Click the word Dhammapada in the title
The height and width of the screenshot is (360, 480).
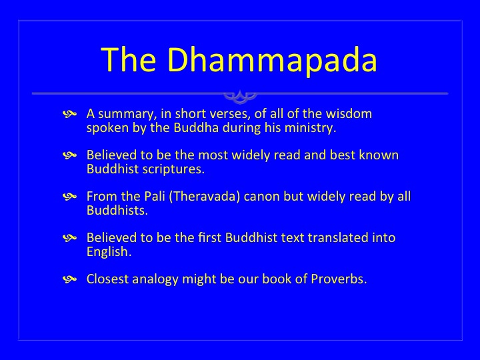(273, 60)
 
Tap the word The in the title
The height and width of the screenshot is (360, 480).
(129, 59)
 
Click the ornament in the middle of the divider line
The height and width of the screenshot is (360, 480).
(240, 96)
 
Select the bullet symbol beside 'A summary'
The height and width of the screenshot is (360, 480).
(69, 114)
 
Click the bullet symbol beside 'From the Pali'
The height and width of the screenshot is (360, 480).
(69, 197)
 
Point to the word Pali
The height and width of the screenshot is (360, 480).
(155, 196)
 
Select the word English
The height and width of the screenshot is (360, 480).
(109, 252)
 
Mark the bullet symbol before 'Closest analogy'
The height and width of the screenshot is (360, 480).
(69, 279)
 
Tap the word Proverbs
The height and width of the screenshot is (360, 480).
(339, 279)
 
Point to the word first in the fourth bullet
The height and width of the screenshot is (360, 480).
(210, 237)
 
